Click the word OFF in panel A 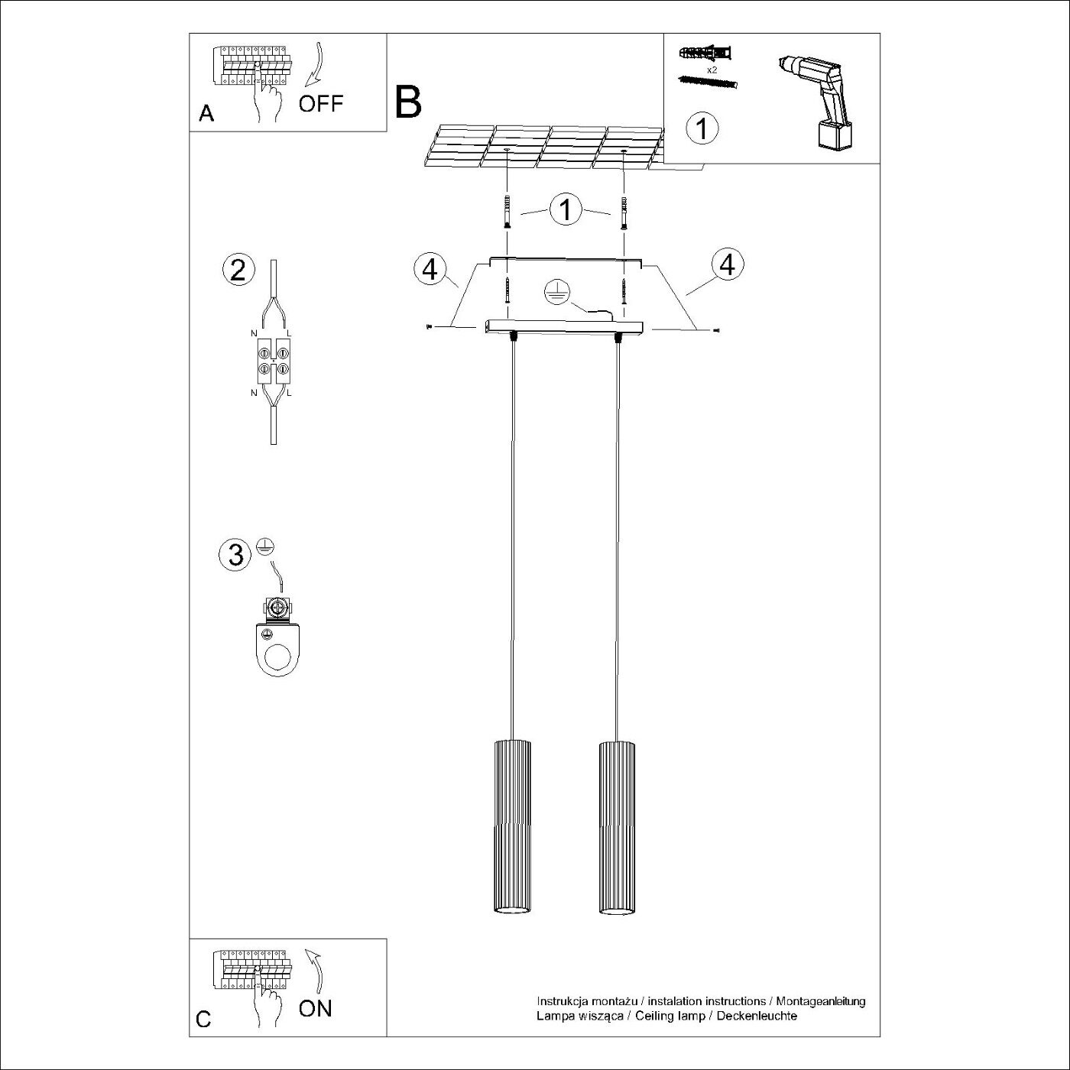(x=321, y=103)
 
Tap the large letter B (x=408, y=102)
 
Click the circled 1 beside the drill (x=702, y=128)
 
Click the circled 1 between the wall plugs (x=566, y=209)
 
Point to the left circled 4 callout (x=430, y=268)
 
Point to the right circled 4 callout (x=727, y=264)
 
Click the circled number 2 (x=238, y=271)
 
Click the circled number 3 (x=235, y=554)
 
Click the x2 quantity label (x=712, y=70)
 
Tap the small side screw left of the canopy (x=429, y=327)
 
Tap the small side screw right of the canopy (x=715, y=330)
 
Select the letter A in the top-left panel (x=206, y=114)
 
